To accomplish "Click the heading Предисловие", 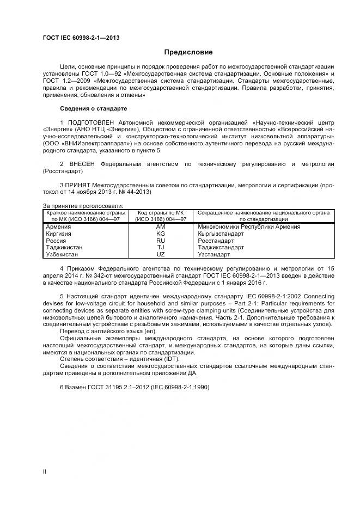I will click(x=188, y=52).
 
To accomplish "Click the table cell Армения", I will click(x=58, y=226).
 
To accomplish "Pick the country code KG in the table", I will click(x=161, y=233).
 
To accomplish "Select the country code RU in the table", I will click(x=161, y=240).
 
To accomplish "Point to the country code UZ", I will click(x=161, y=254).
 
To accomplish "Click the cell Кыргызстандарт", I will click(x=221, y=233).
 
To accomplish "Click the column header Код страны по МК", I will click(x=161, y=212).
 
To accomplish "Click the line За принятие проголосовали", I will click(x=82, y=205).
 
